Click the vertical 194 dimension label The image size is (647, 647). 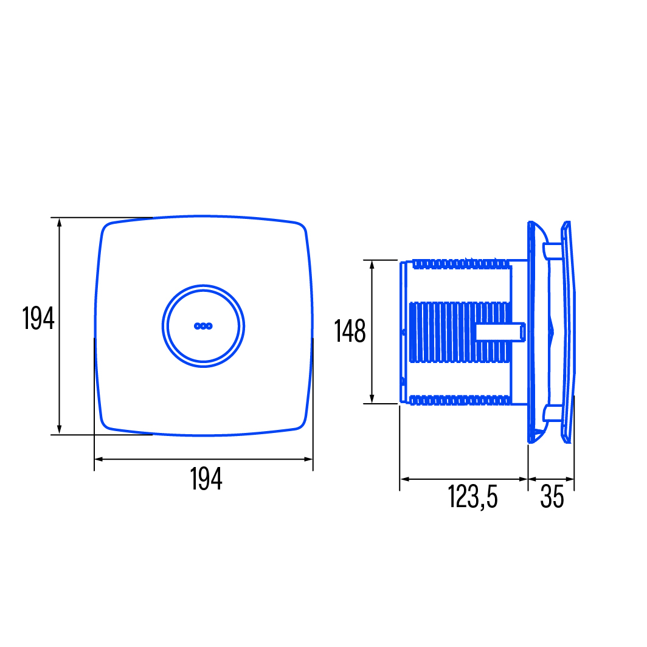pos(38,318)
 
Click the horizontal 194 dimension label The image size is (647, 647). pos(206,479)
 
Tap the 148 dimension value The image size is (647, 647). pos(350,331)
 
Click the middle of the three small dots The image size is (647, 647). pos(204,326)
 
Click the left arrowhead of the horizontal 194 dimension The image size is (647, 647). pos(99,459)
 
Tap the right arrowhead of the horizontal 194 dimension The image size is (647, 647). pos(308,459)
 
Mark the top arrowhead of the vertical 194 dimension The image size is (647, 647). pos(60,223)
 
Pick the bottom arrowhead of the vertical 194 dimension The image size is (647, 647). pos(60,429)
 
